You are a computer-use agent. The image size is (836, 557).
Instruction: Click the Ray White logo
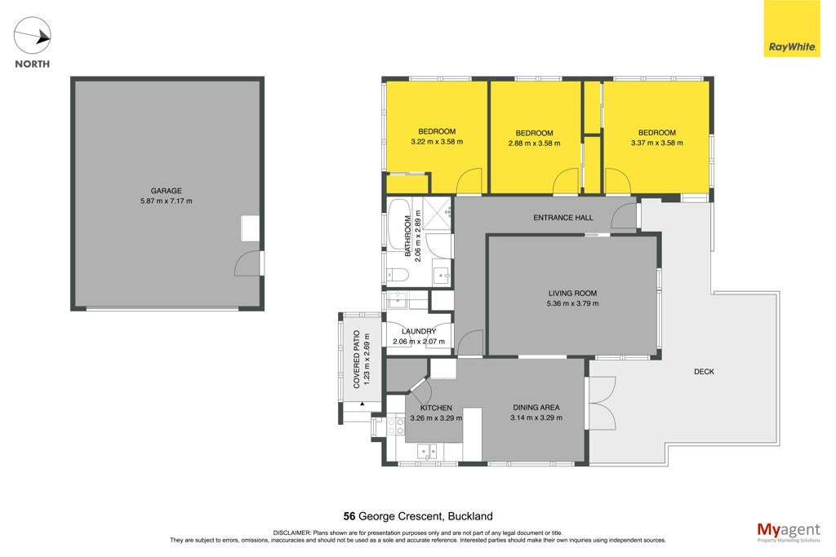[792, 28]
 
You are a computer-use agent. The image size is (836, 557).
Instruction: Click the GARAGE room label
[167, 191]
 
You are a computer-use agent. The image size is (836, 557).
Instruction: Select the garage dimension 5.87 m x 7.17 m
[167, 201]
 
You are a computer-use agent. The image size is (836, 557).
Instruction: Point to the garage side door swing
[247, 263]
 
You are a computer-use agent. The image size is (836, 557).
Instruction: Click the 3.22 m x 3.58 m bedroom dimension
[437, 142]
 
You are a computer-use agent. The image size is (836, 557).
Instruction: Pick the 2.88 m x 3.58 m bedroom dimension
[534, 144]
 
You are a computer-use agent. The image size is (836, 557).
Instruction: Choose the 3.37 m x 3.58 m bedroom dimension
[657, 143]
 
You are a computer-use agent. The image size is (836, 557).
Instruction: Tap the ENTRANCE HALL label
[563, 217]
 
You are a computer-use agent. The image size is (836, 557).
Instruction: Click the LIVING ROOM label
[572, 293]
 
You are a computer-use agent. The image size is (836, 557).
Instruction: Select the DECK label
[704, 372]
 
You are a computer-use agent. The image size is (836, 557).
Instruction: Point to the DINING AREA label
[536, 408]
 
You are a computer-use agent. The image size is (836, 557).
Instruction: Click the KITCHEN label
[436, 408]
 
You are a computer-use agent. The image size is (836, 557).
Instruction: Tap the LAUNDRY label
[419, 331]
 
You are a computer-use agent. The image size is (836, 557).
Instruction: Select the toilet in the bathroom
[398, 274]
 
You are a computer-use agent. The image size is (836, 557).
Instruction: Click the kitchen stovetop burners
[395, 426]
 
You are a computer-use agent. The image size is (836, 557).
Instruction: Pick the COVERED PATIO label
[357, 360]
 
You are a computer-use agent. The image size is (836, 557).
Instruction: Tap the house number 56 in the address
[349, 516]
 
